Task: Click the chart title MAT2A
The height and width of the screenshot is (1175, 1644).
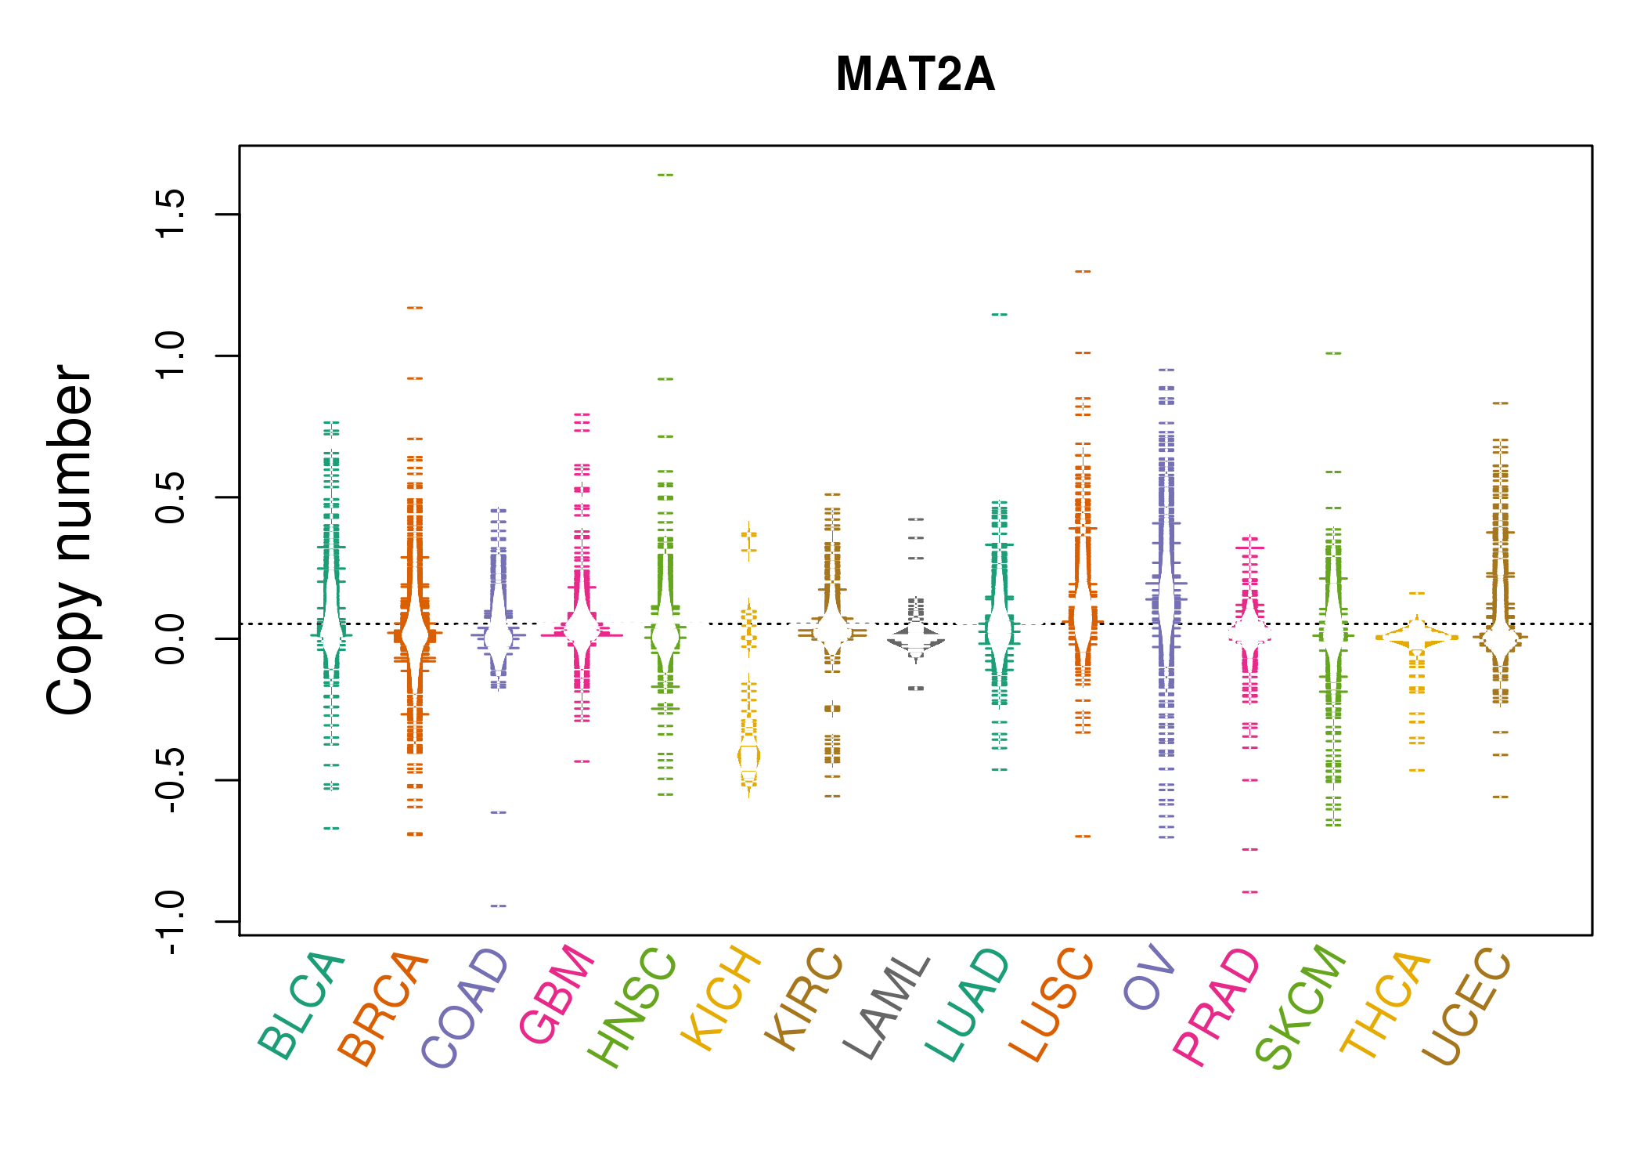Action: coord(915,74)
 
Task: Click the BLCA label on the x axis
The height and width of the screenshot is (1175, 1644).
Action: coord(301,1007)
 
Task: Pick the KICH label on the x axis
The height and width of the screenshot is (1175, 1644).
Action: coord(721,999)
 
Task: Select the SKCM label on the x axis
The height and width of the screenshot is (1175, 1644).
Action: coord(1300,1007)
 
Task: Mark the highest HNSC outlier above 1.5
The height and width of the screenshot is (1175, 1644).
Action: coord(665,175)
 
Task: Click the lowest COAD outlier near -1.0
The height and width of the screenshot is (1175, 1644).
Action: coord(499,906)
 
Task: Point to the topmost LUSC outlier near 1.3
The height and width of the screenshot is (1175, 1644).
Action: coord(1083,271)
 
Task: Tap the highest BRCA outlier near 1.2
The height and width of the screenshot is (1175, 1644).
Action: coord(415,308)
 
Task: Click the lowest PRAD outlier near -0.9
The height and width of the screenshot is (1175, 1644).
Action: coord(1250,891)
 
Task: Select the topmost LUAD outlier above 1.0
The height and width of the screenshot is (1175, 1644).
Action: coord(1000,314)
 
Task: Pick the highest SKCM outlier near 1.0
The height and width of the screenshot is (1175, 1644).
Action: coord(1333,353)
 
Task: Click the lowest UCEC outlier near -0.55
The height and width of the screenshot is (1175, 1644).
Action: coord(1500,797)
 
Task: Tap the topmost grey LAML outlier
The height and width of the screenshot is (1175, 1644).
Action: coord(916,519)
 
